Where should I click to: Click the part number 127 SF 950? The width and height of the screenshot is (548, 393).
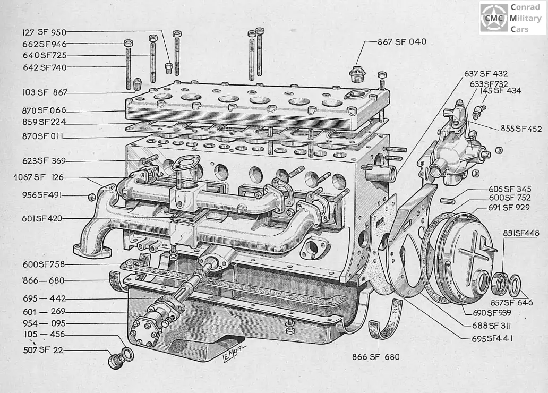coord(44,32)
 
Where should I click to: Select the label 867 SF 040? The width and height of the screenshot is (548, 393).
coord(401,41)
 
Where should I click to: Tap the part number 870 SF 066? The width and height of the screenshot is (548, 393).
coord(44,110)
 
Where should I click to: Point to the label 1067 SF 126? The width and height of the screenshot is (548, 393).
coord(39,177)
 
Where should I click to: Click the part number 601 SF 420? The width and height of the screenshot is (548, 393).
coord(42,218)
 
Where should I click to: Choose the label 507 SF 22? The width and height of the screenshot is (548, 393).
coord(43,350)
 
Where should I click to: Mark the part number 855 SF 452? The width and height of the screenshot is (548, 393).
coord(521,129)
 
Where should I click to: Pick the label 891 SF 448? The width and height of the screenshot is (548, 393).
coord(521,233)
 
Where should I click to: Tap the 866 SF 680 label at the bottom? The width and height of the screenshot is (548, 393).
coord(376,357)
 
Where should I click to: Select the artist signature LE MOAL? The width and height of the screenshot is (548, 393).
coord(234,353)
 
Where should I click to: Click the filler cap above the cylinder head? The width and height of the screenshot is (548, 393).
coord(357,74)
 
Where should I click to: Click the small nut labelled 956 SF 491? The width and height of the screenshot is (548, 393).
coord(91,197)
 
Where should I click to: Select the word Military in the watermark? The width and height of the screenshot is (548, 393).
coord(525,18)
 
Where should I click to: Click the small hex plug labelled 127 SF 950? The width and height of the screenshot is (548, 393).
coord(168,68)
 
